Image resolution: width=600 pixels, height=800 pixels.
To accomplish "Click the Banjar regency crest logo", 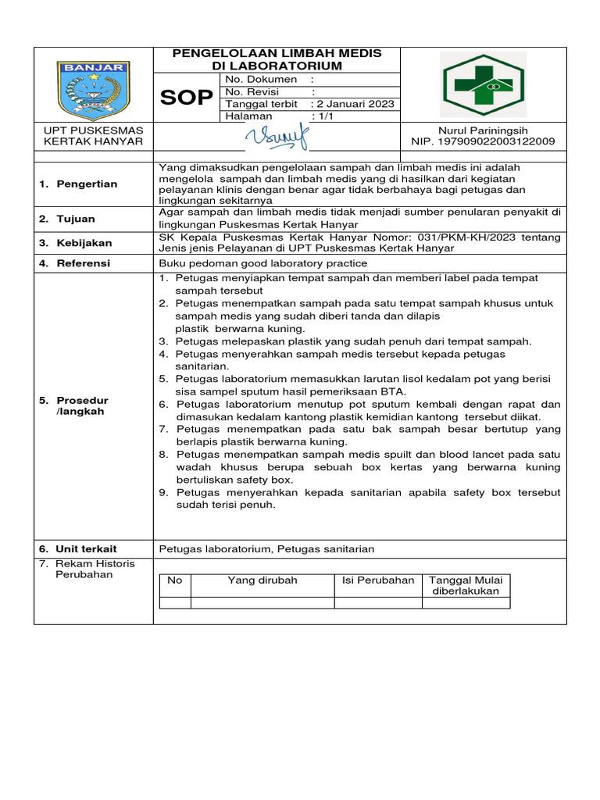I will [94, 85].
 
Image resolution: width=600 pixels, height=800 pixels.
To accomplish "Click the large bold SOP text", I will [186, 98].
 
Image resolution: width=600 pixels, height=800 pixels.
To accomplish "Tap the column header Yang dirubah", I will [262, 580].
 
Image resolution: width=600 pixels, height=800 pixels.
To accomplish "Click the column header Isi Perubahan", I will [378, 580].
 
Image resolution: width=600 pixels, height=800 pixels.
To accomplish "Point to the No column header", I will [175, 580].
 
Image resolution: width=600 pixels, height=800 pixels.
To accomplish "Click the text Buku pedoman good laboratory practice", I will [263, 263].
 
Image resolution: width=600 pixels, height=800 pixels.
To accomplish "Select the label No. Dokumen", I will [262, 79].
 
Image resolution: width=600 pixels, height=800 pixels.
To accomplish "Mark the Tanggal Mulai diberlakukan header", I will [466, 586].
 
